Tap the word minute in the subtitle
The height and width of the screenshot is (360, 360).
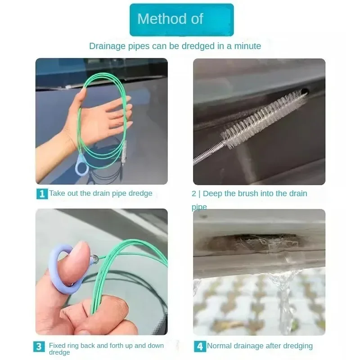pyautogui.click(x=247, y=46)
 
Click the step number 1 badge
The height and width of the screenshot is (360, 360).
pyautogui.click(x=42, y=194)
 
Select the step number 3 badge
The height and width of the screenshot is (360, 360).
pyautogui.click(x=39, y=346)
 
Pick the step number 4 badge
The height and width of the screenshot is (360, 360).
pyautogui.click(x=199, y=346)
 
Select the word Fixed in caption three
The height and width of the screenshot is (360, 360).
pyautogui.click(x=57, y=346)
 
